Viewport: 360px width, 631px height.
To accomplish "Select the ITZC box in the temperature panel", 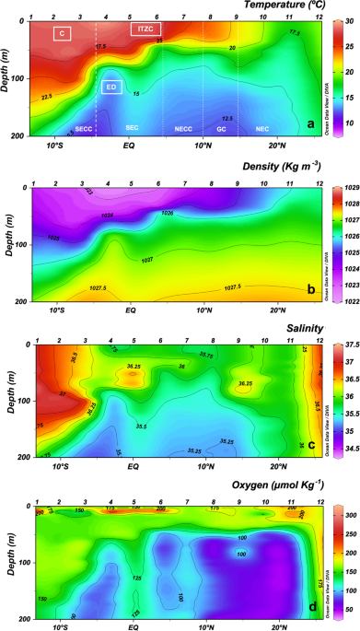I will tap(145, 29).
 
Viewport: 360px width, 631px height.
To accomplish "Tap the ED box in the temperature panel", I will tap(111, 88).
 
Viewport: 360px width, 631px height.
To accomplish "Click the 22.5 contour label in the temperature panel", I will tap(46, 96).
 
